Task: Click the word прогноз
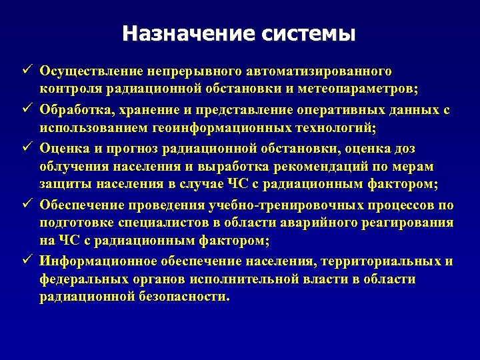[122, 146]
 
